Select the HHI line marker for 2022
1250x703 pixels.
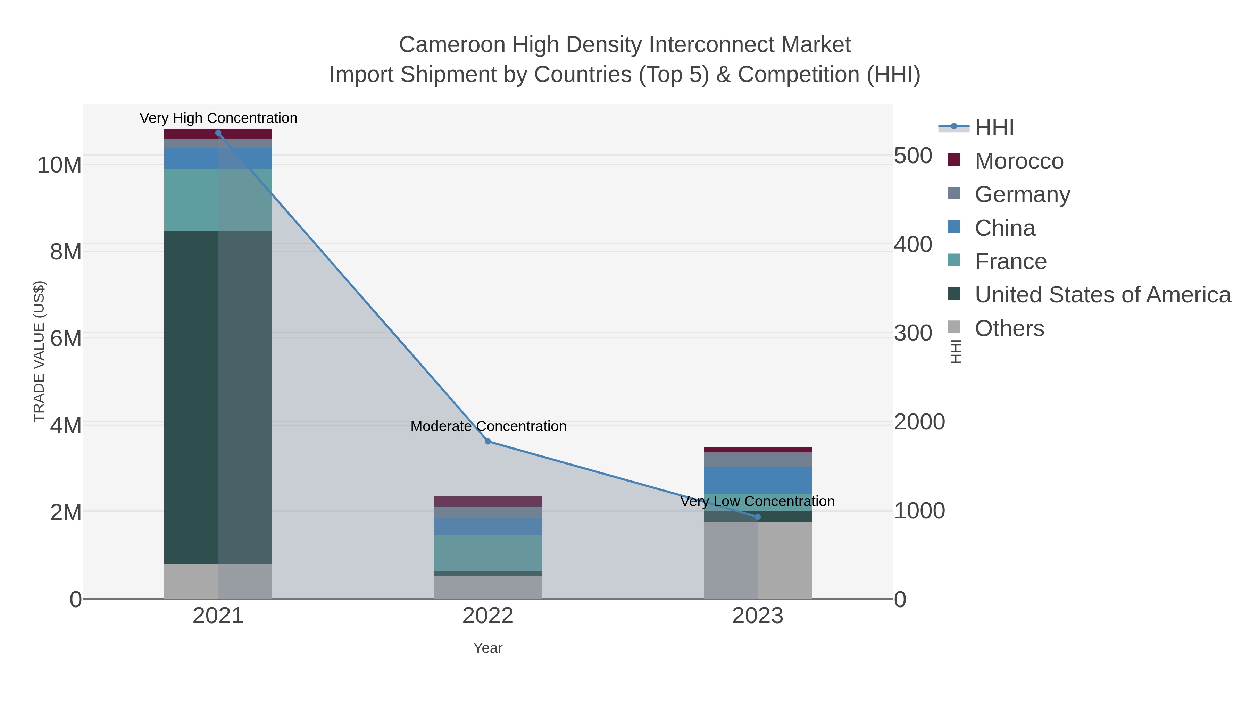[488, 442]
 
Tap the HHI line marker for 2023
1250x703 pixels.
[758, 517]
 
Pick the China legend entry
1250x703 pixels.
[1005, 228]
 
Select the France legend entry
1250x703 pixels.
[1010, 261]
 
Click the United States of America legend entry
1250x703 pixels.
[1102, 295]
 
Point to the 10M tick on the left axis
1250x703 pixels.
[59, 165]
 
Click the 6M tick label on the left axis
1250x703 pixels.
[66, 338]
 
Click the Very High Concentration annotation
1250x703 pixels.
[218, 118]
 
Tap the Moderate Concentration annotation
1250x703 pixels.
[488, 426]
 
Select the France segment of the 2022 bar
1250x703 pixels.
[488, 553]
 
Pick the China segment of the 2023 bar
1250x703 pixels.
[758, 480]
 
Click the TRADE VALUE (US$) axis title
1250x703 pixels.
[39, 351]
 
